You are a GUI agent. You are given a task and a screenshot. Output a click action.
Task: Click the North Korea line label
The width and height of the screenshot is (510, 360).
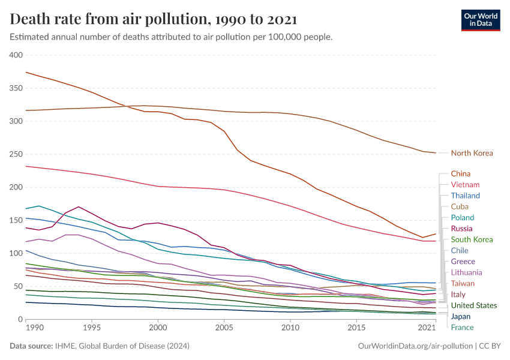click(472, 153)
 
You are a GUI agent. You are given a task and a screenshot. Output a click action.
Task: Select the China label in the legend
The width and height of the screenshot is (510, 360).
click(460, 173)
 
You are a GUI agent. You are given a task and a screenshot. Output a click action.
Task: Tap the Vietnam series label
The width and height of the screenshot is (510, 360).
click(465, 185)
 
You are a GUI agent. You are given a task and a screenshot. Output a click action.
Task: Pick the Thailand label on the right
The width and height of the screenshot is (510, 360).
click(466, 196)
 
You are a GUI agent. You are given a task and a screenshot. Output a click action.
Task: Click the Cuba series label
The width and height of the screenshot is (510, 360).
click(460, 206)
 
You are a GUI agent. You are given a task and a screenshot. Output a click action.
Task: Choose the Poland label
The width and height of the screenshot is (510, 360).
click(462, 218)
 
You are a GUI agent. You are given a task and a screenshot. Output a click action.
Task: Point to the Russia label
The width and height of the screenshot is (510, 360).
click(461, 229)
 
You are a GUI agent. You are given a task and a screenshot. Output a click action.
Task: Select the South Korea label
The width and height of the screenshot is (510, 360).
click(472, 239)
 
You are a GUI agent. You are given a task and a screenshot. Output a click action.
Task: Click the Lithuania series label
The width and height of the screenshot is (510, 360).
click(467, 272)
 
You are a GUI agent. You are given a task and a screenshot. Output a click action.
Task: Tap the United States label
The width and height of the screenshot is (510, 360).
click(474, 305)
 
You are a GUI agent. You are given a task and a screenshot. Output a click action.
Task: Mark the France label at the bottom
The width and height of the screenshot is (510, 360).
click(462, 328)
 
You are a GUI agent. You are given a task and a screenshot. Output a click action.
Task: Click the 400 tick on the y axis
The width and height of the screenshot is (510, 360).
click(16, 55)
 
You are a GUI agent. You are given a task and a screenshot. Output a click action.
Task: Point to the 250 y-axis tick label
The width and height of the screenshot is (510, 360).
click(16, 154)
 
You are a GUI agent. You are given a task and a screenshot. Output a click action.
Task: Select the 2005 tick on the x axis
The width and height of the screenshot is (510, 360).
click(224, 328)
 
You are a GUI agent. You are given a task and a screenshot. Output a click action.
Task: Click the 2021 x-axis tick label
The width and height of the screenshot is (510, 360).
click(427, 328)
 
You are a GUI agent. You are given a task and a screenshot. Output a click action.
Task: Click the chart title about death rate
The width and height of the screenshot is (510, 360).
click(153, 19)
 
